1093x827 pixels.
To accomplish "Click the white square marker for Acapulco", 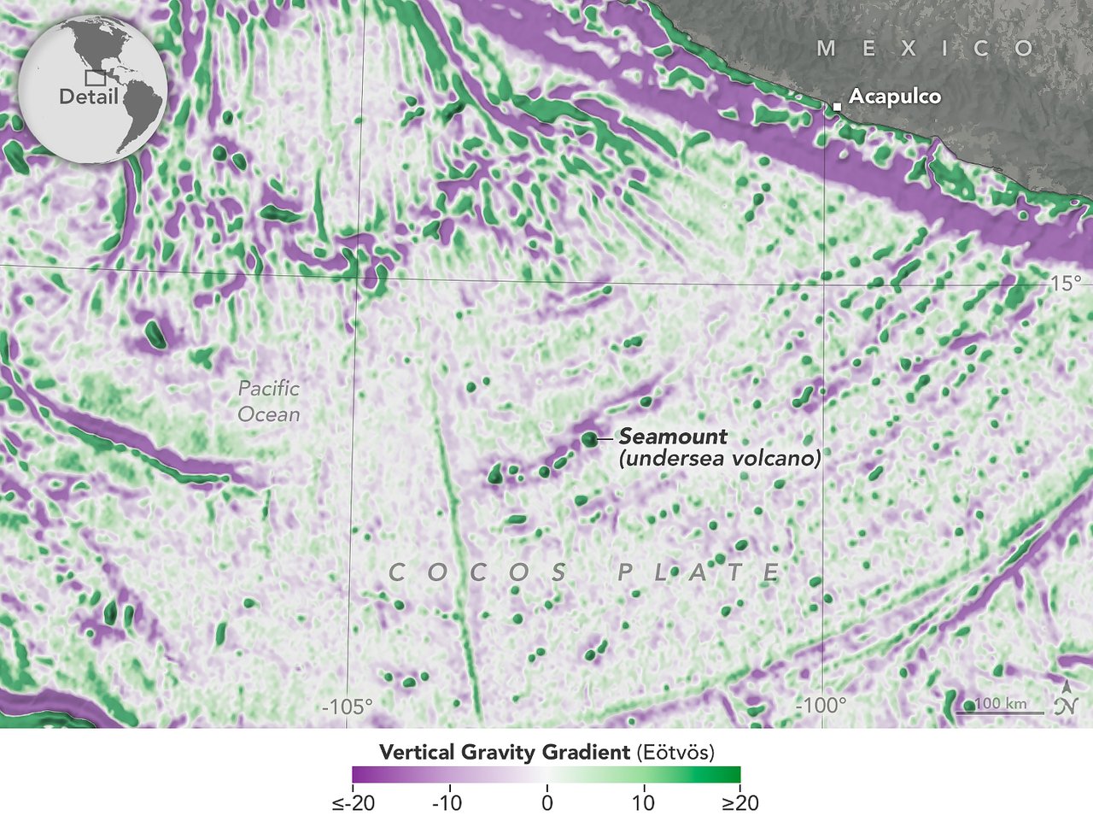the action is pos(838,105).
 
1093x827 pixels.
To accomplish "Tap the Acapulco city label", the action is pos(895,97).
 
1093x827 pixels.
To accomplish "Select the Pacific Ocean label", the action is pos(269,402).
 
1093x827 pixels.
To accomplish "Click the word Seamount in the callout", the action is pos(673,437).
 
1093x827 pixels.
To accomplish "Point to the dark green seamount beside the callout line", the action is pos(589,439).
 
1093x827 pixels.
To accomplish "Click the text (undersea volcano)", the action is pos(719,459).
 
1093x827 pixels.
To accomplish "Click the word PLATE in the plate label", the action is pos(698,572).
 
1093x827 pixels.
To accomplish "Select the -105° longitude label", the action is pos(348,707).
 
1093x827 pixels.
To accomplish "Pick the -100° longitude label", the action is pos(821,707).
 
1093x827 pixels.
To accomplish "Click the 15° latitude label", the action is pos(1066,284).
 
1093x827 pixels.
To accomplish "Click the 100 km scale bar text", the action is pos(1001,703).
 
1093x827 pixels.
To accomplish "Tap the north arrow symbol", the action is pos(1066,700).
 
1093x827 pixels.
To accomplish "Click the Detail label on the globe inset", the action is pos(88,97).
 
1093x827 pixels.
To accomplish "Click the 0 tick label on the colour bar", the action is pos(546,803).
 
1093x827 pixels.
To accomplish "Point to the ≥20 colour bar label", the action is pos(739,803).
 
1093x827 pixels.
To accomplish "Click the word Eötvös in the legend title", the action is pos(675,753).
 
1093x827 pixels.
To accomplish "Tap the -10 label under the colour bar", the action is pos(447,803).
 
